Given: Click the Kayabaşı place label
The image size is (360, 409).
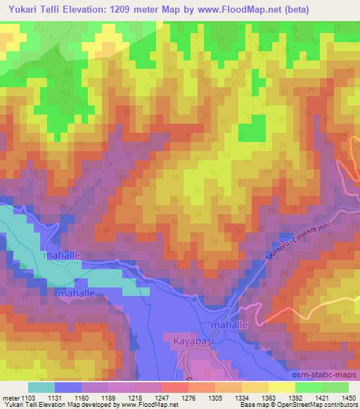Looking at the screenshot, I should tap(192, 342).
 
